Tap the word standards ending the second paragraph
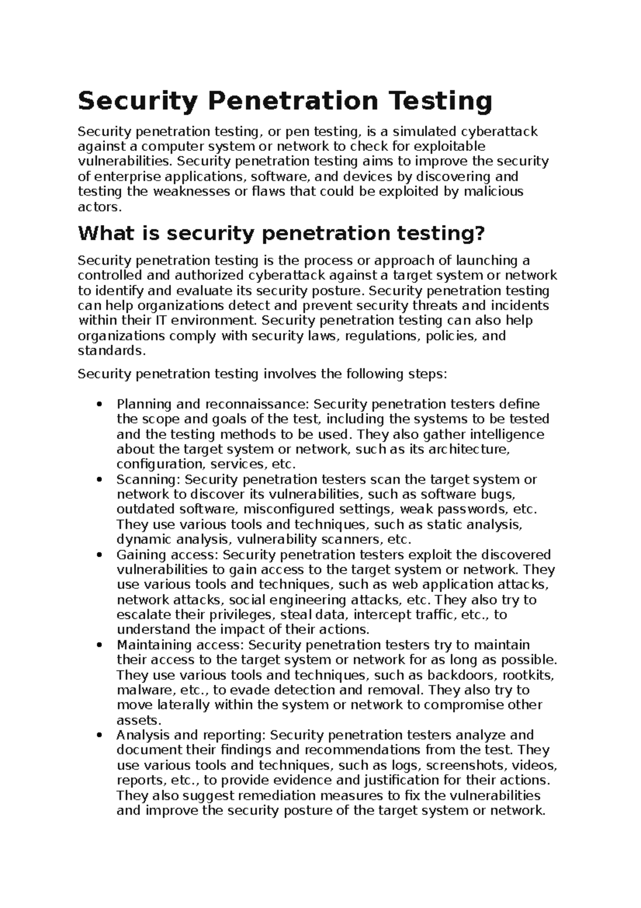111,351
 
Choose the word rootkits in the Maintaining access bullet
529,675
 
